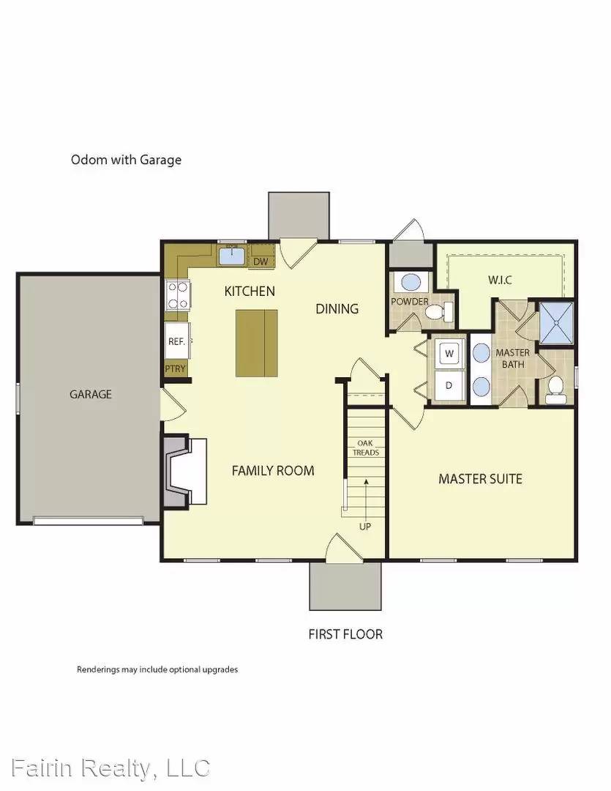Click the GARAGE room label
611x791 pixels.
click(x=91, y=394)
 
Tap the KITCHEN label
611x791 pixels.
click(x=250, y=291)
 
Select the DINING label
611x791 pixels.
click(x=337, y=309)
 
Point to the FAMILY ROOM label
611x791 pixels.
click(x=273, y=470)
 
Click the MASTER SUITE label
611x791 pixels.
click(x=480, y=479)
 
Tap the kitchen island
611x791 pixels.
click(x=257, y=343)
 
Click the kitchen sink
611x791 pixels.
click(x=233, y=256)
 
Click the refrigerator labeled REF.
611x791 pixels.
click(x=176, y=341)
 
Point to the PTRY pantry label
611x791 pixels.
click(x=176, y=369)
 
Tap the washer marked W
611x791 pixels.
click(x=449, y=353)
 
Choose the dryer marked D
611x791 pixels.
click(x=449, y=385)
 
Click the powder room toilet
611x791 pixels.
click(x=437, y=313)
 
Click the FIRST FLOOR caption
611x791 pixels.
click(x=345, y=634)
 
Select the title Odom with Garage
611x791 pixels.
click(x=126, y=159)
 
